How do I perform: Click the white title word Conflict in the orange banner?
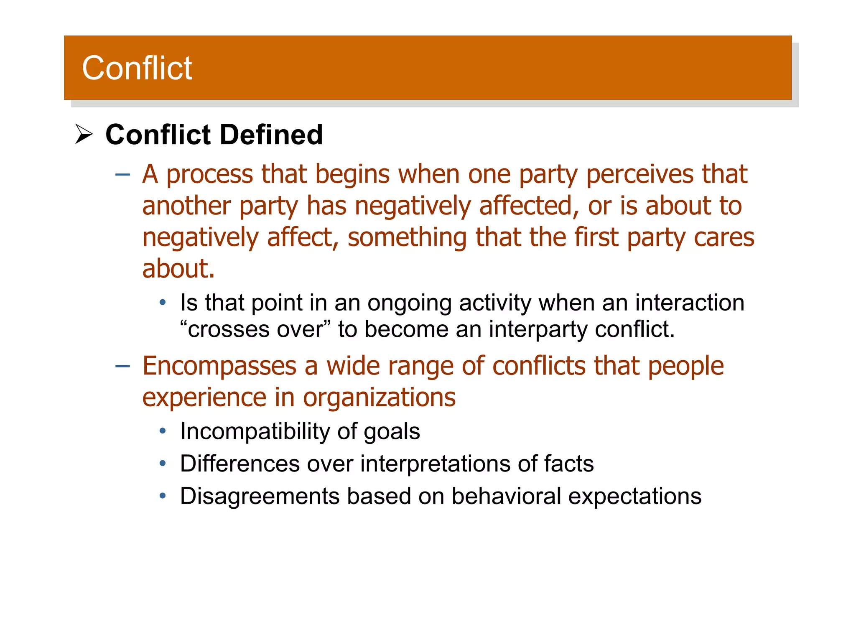(x=137, y=68)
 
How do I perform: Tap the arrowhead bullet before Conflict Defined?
(x=84, y=135)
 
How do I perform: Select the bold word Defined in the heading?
(x=271, y=135)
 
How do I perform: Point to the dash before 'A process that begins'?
(x=122, y=174)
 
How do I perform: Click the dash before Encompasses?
(x=122, y=366)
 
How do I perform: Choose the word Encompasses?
(x=219, y=366)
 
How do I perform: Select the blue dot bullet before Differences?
(x=163, y=464)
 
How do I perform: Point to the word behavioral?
(x=506, y=496)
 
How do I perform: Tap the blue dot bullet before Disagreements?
(x=163, y=496)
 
